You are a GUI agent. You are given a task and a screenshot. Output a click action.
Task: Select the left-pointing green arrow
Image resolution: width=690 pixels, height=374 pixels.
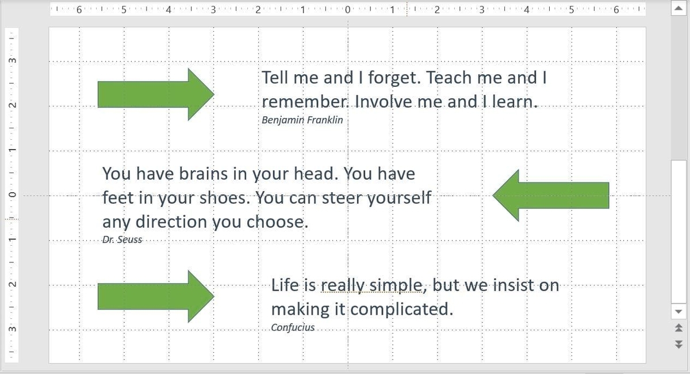551,195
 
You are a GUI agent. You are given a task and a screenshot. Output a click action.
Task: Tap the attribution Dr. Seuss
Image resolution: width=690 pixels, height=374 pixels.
122,239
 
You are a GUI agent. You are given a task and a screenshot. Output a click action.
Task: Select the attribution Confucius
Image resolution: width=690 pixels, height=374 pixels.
293,327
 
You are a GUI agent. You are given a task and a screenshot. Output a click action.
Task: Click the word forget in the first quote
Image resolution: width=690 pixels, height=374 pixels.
391,78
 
